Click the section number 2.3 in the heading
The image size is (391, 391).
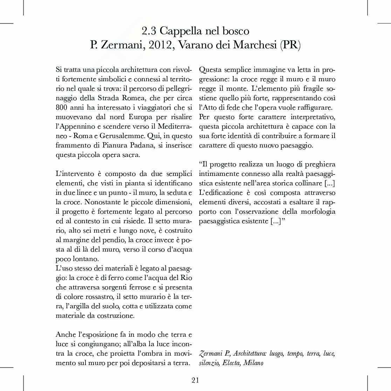tap(149, 31)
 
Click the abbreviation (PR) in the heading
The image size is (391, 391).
tap(290, 46)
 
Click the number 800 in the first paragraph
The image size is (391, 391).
tap(62, 107)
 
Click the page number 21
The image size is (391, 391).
tap(195, 380)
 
